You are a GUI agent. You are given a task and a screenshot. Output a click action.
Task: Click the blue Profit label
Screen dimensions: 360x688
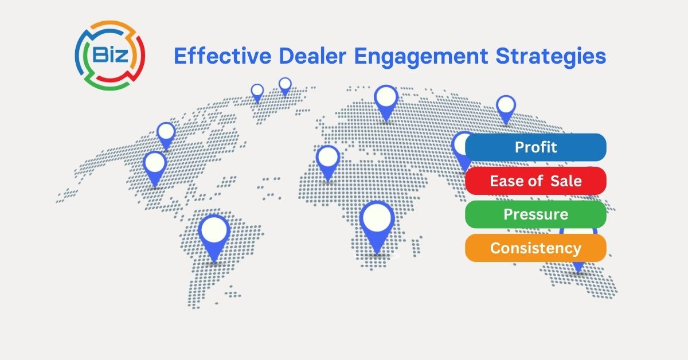click(535, 147)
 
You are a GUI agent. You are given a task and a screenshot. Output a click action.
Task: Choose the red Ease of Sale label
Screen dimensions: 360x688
click(535, 181)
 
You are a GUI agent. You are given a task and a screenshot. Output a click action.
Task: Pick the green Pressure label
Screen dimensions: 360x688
click(535, 214)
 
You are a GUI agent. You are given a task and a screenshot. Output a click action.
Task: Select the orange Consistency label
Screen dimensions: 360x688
click(535, 248)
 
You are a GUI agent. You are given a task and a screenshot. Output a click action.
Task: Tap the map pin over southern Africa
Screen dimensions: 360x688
click(377, 221)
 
